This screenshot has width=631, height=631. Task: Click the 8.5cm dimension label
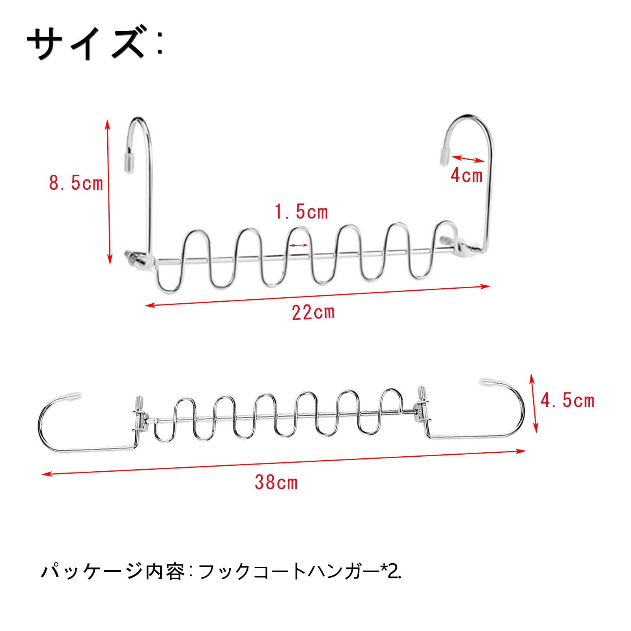(x=76, y=183)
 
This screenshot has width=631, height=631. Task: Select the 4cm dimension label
(x=467, y=175)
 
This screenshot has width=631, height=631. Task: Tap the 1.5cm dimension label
(x=301, y=212)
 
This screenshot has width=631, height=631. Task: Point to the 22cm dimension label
(x=313, y=313)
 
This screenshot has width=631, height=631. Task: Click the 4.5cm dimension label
(x=567, y=401)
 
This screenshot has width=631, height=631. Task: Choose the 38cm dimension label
(x=276, y=482)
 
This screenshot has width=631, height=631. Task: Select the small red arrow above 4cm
(x=468, y=159)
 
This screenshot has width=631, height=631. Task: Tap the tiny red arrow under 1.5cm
(x=299, y=245)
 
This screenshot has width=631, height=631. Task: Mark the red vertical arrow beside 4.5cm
(x=533, y=403)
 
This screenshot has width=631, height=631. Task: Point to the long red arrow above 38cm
(x=284, y=462)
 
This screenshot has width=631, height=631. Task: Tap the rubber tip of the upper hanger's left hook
(x=129, y=162)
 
